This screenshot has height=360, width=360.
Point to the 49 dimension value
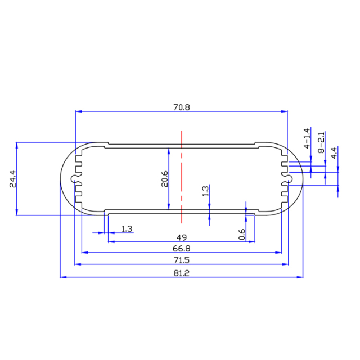pos(182,237)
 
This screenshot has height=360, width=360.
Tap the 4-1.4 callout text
pos(307,138)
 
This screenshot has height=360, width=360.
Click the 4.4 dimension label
pos(334,152)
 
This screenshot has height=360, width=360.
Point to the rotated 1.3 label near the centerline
pos(205,191)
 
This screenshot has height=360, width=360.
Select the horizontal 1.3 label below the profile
pos(127,228)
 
